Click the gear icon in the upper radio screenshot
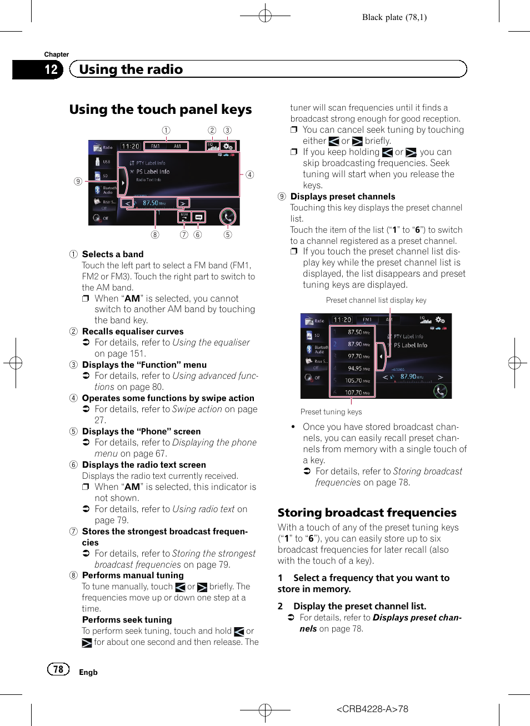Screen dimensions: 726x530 pyautogui.click(x=228, y=146)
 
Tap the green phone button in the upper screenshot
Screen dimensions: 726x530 pyautogui.click(x=228, y=217)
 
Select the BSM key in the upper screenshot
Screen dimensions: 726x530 pyautogui.click(x=184, y=217)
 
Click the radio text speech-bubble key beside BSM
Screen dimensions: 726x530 pyautogui.click(x=198, y=217)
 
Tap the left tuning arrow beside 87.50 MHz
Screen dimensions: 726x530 pyautogui.click(x=128, y=203)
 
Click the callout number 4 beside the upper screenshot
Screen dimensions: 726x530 pyautogui.click(x=250, y=174)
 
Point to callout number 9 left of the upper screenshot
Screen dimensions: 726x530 pyautogui.click(x=78, y=181)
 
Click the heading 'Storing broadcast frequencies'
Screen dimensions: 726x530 pyautogui.click(x=367, y=513)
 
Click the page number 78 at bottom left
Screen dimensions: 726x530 pyautogui.click(x=58, y=669)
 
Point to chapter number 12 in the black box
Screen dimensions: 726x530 pyautogui.click(x=51, y=69)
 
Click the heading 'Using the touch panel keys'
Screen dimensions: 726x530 pyautogui.click(x=161, y=109)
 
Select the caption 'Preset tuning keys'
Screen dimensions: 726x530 pyautogui.click(x=331, y=412)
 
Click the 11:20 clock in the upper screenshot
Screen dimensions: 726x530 pyautogui.click(x=131, y=146)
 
